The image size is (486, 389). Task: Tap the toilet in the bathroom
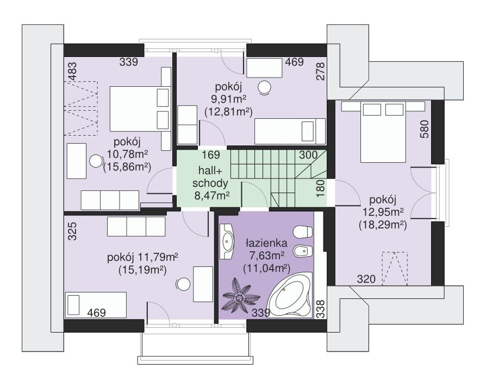302,232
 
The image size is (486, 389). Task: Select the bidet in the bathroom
302,252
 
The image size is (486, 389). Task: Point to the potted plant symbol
240,297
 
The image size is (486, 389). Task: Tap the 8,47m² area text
212,195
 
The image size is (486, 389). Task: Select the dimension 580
425,129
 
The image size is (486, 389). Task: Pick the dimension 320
366,279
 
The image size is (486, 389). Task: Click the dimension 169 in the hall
211,155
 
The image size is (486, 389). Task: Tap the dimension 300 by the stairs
308,155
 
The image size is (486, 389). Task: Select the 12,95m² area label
383,212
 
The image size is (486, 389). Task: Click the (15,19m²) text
142,270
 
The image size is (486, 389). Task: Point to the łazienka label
266,243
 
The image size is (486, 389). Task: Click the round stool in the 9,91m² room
265,87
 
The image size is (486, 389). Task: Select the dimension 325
72,231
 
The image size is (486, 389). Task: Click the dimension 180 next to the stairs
321,188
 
